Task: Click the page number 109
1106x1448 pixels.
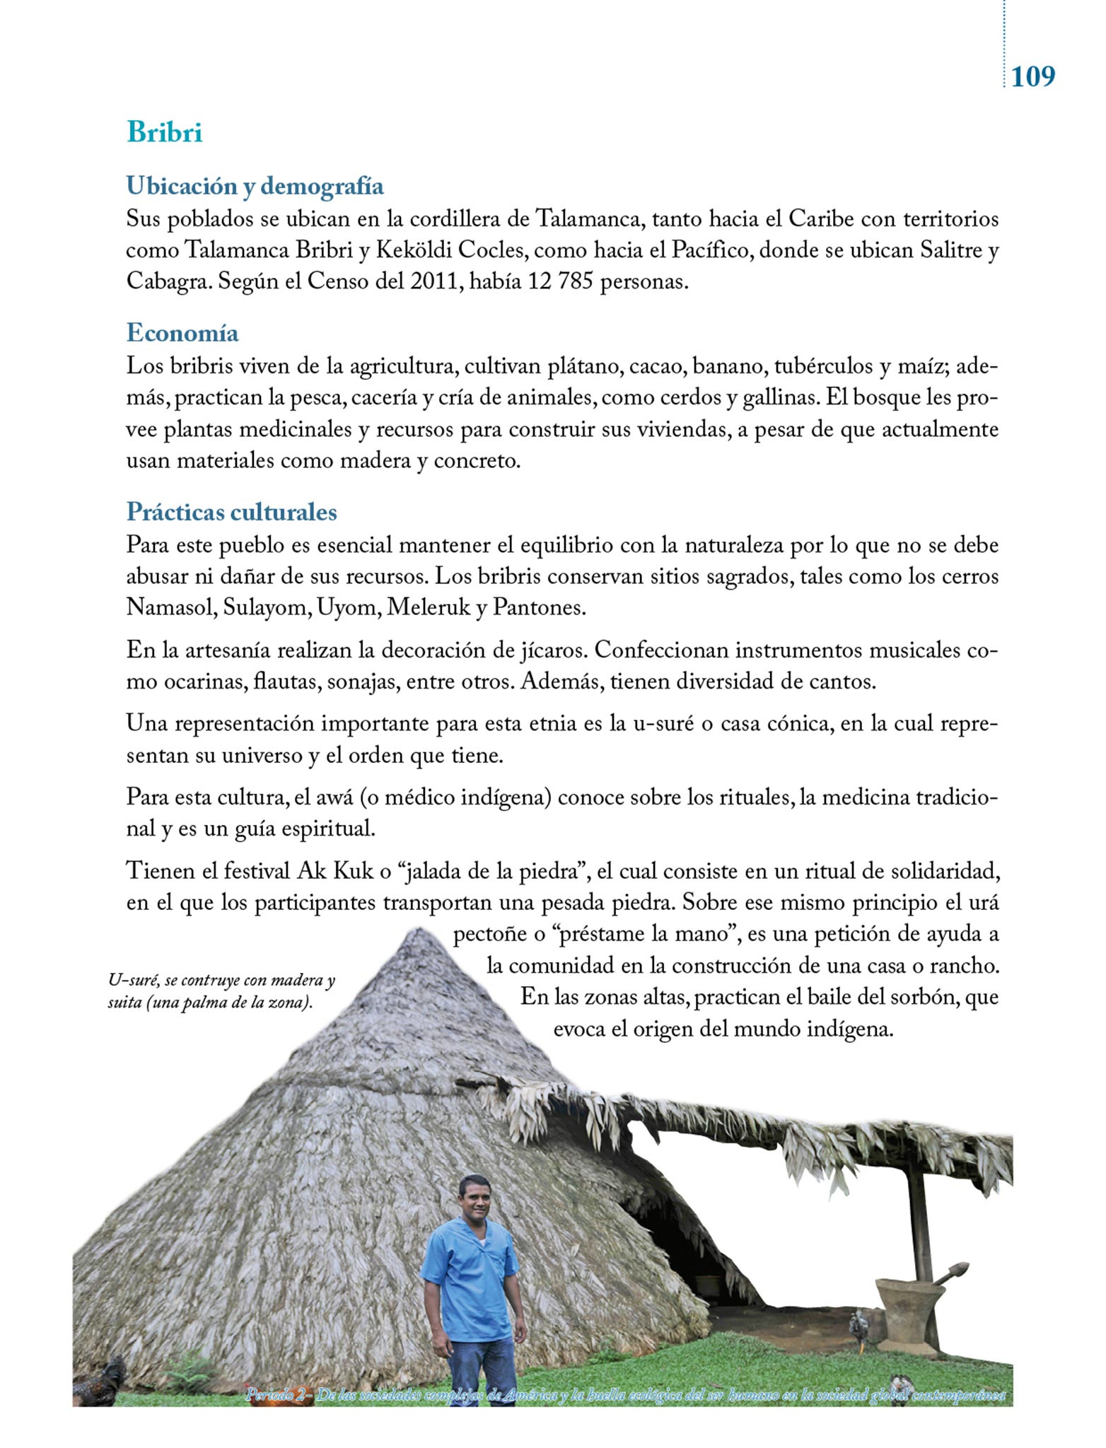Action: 1032,76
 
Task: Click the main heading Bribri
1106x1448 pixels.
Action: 164,132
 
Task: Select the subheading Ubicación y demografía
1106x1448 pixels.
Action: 255,186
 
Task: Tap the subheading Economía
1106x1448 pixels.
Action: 182,332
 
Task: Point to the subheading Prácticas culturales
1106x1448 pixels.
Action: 231,511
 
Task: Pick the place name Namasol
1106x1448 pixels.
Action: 170,607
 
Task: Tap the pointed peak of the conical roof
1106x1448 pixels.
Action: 417,935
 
